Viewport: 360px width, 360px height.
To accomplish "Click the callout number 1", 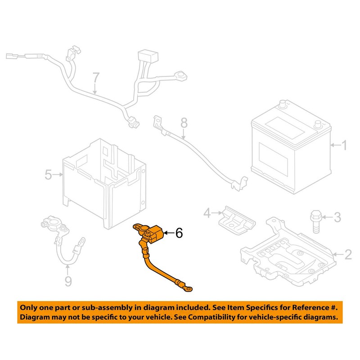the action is click(345, 145).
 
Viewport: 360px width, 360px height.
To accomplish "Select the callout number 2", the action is click(348, 255).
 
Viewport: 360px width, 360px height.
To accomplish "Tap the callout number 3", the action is click(337, 218).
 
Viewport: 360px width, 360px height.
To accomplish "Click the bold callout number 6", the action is click(179, 233).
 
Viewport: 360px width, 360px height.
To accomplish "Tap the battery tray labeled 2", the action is click(288, 256).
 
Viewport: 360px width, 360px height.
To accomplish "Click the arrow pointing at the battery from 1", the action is click(335, 145).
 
